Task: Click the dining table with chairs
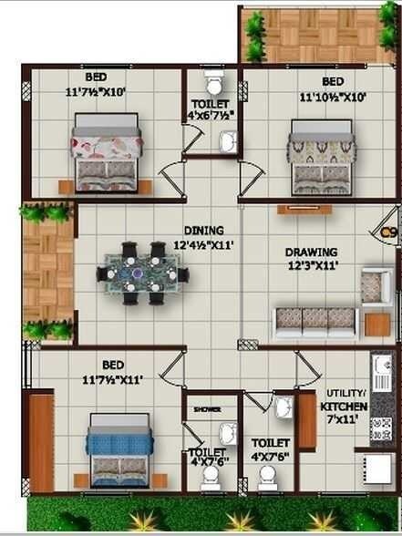pyautogui.click(x=143, y=273)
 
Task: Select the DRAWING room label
pyautogui.click(x=311, y=253)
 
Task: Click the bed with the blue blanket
pyautogui.click(x=118, y=448)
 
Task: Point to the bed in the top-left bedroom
pyautogui.click(x=107, y=151)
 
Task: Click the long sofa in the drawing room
pyautogui.click(x=315, y=321)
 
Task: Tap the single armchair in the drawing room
pyautogui.click(x=375, y=286)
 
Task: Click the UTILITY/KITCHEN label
pyautogui.click(x=345, y=400)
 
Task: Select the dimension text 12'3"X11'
pyautogui.click(x=312, y=266)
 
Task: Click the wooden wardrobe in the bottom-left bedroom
pyautogui.click(x=41, y=441)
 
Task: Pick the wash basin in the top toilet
pyautogui.click(x=228, y=139)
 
